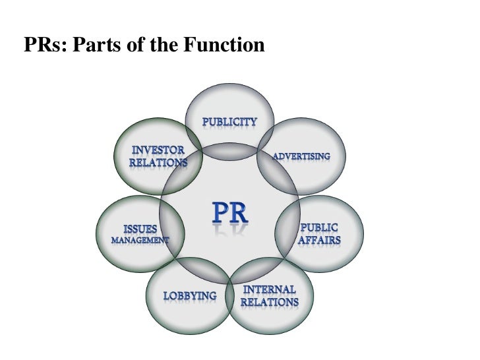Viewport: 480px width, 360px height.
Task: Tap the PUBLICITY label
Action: tap(229, 122)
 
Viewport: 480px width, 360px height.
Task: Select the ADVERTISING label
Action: tap(301, 156)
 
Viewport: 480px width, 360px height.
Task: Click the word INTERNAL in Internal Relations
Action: tap(269, 290)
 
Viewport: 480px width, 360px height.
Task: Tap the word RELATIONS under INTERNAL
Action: tap(269, 303)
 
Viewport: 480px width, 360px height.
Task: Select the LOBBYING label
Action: tap(190, 296)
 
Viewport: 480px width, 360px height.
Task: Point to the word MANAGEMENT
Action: tap(139, 240)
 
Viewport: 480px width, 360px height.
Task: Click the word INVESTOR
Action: tap(158, 149)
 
